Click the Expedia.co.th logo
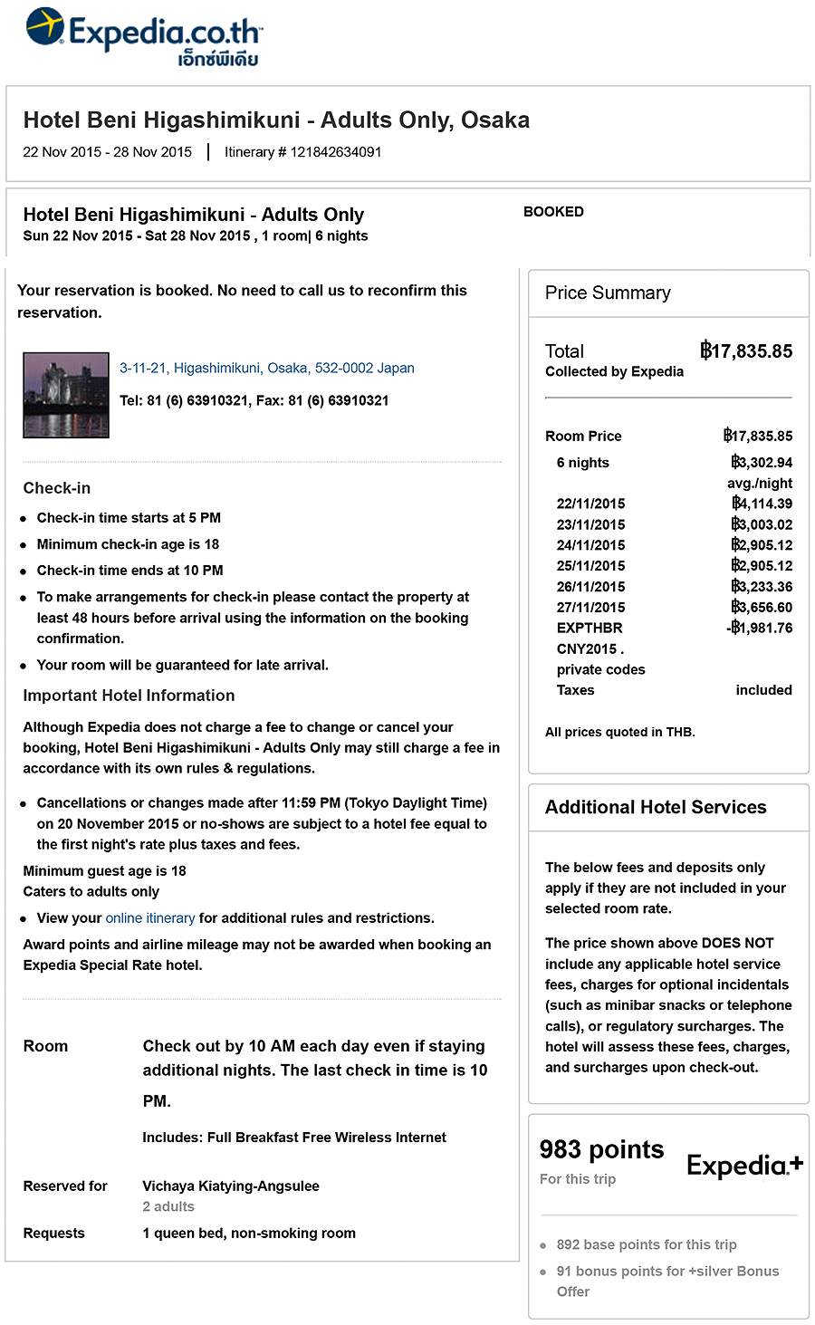point(144,37)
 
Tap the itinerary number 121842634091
point(335,152)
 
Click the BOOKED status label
point(553,212)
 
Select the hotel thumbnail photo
point(66,396)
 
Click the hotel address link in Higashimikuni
point(266,368)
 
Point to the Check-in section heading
point(57,488)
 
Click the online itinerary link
point(150,918)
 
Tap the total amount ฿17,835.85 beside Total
point(746,351)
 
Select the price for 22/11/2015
point(762,504)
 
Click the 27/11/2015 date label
point(590,608)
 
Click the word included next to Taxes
point(763,690)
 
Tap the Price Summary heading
point(608,293)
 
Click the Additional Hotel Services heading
point(656,808)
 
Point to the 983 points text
point(601,1150)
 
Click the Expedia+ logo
point(744,1166)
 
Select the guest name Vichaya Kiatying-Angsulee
point(231,1186)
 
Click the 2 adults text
point(168,1206)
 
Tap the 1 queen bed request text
point(249,1234)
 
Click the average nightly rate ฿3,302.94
point(762,463)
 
